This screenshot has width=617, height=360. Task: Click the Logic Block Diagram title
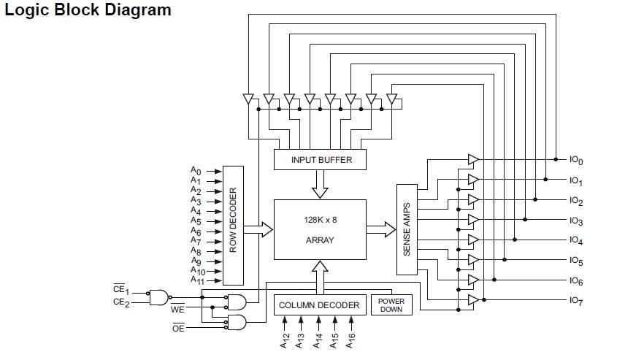[88, 10]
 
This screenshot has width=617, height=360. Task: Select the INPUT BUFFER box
[321, 159]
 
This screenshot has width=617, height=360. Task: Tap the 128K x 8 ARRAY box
[320, 229]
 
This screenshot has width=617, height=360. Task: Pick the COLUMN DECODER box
[319, 305]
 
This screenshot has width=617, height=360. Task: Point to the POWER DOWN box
[391, 305]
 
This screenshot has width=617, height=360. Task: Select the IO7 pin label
[576, 301]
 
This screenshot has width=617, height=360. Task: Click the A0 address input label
[196, 171]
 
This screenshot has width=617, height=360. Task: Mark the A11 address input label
[197, 280]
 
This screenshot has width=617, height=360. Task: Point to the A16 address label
[352, 340]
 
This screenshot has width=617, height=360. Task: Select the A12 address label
[285, 340]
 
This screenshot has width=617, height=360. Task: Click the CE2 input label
[121, 302]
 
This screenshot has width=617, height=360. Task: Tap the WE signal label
[178, 310]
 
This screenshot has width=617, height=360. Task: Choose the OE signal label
[178, 329]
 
